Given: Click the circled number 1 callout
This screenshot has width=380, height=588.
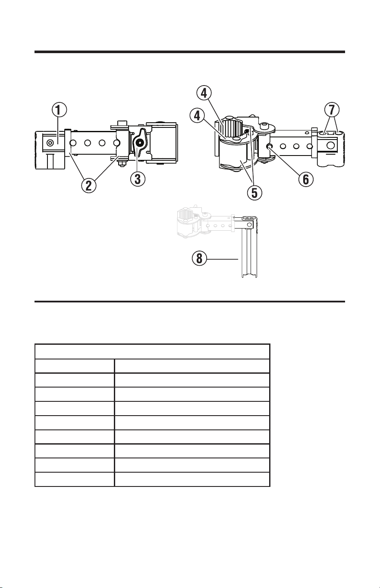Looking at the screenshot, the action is point(59,110).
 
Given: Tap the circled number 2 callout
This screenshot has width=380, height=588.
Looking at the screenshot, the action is point(89,185).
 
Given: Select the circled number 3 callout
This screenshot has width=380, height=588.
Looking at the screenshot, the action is point(138,179).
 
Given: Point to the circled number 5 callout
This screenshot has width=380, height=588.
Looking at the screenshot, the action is point(254,193).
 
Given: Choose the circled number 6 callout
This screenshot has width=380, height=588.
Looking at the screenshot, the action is point(306,179).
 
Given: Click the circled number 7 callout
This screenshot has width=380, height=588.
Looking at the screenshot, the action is point(332,110).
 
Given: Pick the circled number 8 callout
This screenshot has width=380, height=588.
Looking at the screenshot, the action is point(199,258).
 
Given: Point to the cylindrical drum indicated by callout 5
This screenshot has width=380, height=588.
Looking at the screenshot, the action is point(233,157).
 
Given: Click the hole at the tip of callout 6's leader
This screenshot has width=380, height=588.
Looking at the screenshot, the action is point(269,146).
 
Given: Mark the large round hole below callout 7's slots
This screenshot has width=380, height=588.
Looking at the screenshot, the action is point(331,145).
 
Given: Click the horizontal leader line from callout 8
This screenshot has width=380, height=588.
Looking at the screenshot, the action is point(223,259).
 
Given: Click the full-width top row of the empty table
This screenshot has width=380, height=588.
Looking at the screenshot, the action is point(152,352).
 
